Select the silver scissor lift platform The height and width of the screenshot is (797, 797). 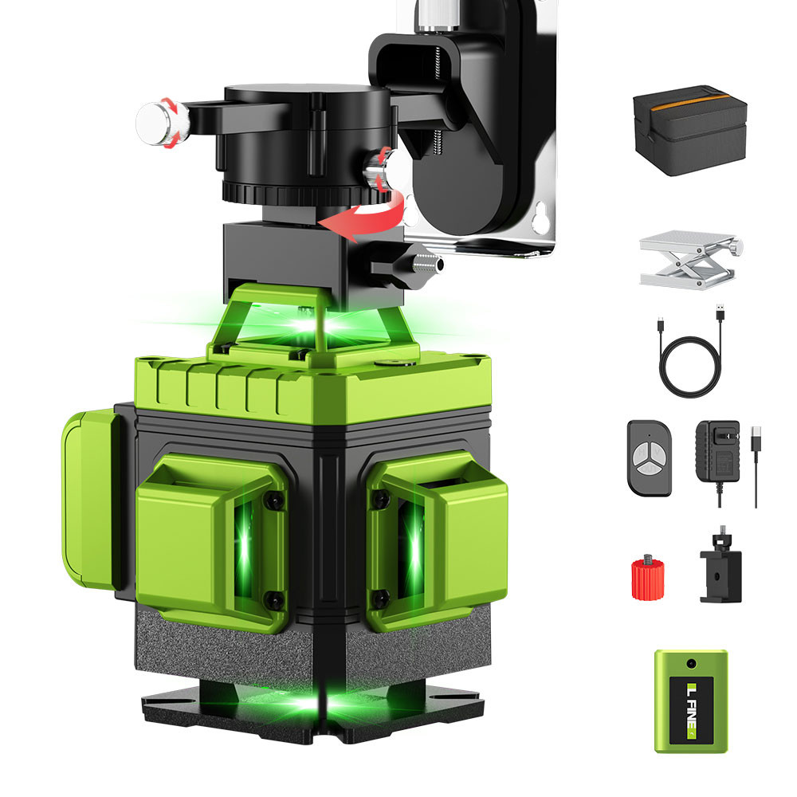pos(689,261)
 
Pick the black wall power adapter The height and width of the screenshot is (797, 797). pos(717,453)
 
